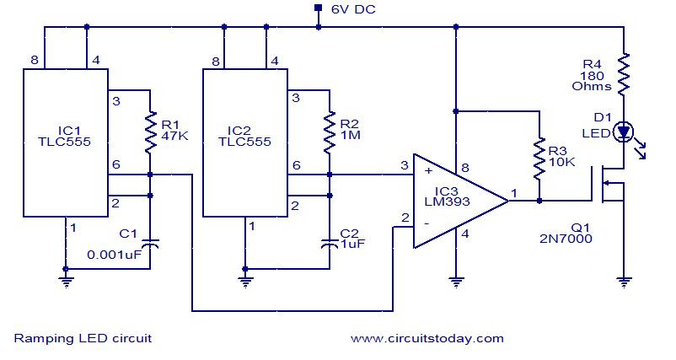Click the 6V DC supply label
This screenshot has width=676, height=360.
click(x=353, y=9)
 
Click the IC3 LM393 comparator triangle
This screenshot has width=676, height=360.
click(x=461, y=201)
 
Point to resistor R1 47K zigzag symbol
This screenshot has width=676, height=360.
click(x=150, y=132)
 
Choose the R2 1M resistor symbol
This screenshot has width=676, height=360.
click(x=330, y=132)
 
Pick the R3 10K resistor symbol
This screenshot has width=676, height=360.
click(x=539, y=159)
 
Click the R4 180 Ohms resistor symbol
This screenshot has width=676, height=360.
click(x=624, y=74)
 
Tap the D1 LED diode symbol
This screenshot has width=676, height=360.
click(x=624, y=132)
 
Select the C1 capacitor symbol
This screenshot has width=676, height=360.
click(x=150, y=244)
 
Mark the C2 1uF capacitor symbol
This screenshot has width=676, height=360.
click(x=330, y=244)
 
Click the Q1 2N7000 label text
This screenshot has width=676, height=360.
click(x=566, y=233)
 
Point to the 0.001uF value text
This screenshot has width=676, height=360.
click(x=115, y=255)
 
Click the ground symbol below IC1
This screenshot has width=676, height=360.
click(x=66, y=282)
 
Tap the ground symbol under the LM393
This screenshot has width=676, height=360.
click(x=456, y=282)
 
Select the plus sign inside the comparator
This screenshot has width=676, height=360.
click(x=428, y=171)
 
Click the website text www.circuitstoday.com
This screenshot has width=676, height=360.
click(x=427, y=338)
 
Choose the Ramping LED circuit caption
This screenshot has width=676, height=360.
click(x=83, y=338)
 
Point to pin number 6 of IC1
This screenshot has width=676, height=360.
click(x=116, y=164)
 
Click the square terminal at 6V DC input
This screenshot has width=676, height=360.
click(x=318, y=8)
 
